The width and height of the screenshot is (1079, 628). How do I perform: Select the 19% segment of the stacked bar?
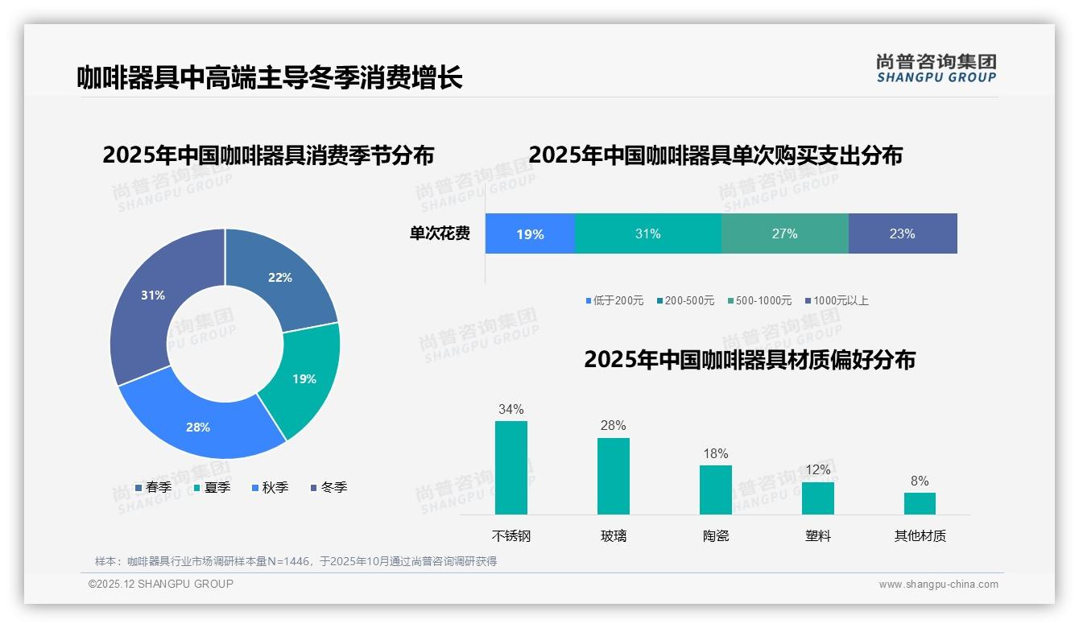(530, 234)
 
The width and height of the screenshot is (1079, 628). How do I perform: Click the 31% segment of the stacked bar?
(647, 234)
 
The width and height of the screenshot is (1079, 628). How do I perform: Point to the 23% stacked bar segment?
(902, 234)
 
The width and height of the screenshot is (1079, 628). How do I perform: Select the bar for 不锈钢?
(511, 468)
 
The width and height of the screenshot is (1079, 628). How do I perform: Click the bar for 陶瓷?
(715, 490)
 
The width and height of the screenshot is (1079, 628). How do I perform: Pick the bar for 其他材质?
(920, 503)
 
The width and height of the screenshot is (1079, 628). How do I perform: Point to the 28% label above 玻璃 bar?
(614, 426)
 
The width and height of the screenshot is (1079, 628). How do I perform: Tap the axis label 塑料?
(817, 536)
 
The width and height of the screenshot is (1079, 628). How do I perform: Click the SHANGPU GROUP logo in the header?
(936, 68)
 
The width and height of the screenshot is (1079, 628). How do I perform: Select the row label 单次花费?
(440, 234)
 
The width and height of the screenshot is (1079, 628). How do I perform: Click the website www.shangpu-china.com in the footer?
(938, 585)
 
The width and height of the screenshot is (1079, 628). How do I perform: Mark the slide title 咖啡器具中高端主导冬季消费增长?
(270, 78)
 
